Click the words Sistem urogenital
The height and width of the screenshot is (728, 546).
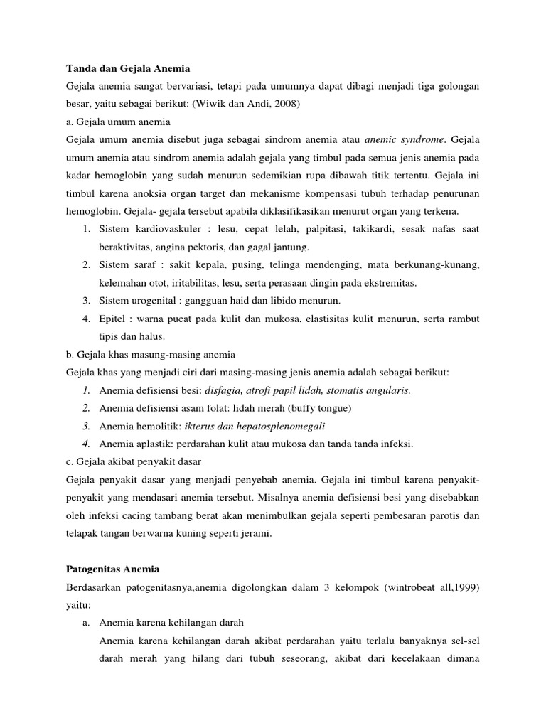pos(137,300)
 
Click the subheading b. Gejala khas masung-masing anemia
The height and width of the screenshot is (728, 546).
pos(150,354)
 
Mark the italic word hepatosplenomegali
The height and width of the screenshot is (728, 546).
pos(279,426)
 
